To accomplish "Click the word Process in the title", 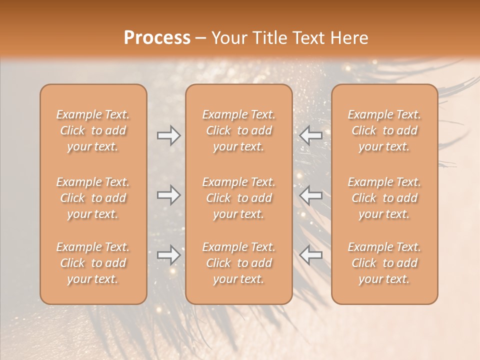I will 157,38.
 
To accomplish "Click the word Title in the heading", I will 269,38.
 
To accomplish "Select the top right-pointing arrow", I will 168,135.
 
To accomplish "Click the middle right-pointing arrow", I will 168,195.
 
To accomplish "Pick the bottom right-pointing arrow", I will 168,255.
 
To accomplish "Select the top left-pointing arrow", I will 311,135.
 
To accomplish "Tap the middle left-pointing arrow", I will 311,195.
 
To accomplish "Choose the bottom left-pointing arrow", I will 311,255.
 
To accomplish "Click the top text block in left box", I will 93,130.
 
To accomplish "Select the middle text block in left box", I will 93,198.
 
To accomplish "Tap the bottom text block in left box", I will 93,263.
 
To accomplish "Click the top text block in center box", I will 238,130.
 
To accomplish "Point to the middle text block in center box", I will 238,198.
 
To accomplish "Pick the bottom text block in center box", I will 238,263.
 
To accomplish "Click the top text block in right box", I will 384,130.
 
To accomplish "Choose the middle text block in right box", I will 384,198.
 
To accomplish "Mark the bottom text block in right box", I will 384,263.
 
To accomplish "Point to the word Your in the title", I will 229,38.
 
